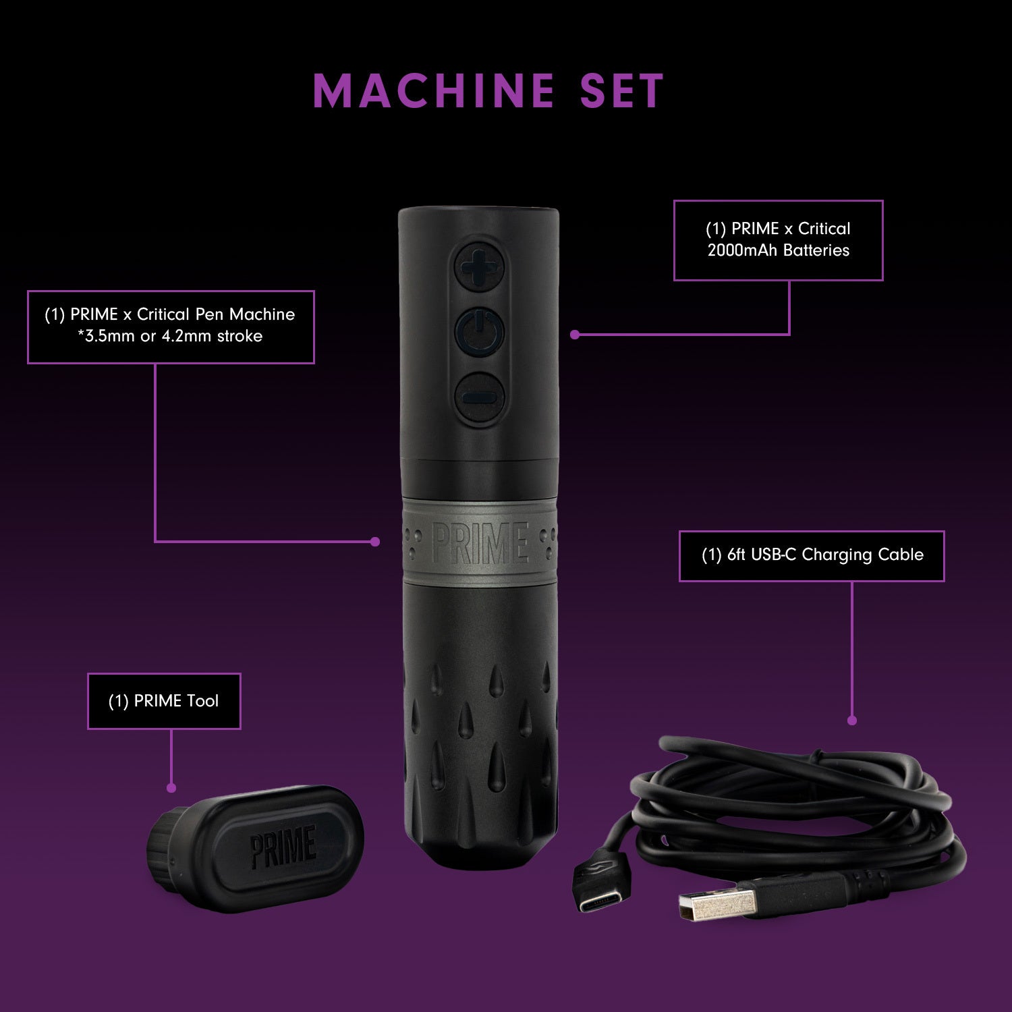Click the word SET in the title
point(622,91)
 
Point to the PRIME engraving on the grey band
point(480,543)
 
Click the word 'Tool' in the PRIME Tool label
point(203,701)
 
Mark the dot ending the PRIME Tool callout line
point(171,788)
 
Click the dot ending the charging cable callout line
point(851,721)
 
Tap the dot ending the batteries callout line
point(575,334)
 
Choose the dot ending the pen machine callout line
point(376,541)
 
